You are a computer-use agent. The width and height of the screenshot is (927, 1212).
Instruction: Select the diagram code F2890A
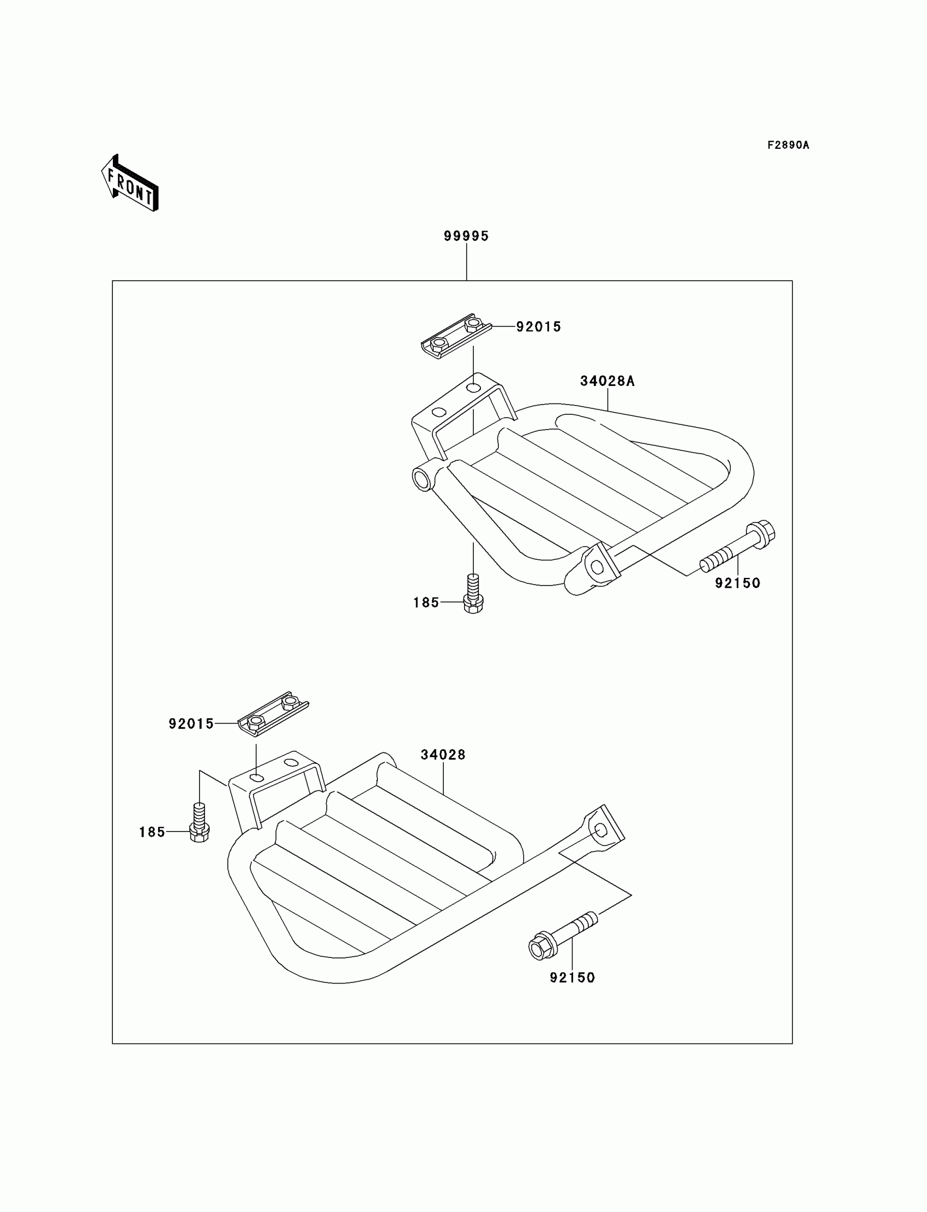(x=788, y=145)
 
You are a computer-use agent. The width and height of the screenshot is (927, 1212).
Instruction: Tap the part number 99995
(x=466, y=236)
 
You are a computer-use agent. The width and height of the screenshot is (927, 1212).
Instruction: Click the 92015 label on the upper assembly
(x=539, y=327)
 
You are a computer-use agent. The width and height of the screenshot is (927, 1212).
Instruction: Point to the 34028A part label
(x=607, y=381)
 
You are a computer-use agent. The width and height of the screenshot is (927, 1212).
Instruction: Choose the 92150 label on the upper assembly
(x=738, y=583)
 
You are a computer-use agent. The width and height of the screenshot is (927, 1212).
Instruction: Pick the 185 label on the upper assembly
(x=426, y=602)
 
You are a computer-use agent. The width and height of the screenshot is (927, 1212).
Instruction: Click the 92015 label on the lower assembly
(x=191, y=724)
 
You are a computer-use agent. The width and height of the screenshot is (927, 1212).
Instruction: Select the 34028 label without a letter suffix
(x=443, y=755)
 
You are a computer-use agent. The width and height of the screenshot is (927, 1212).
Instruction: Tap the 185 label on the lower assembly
(x=152, y=832)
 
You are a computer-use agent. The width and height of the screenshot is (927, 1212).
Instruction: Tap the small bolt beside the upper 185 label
(x=473, y=595)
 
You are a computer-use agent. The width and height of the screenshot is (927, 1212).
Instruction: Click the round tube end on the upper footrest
(x=423, y=479)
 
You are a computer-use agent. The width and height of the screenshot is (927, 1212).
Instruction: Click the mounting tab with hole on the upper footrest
(x=598, y=566)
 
